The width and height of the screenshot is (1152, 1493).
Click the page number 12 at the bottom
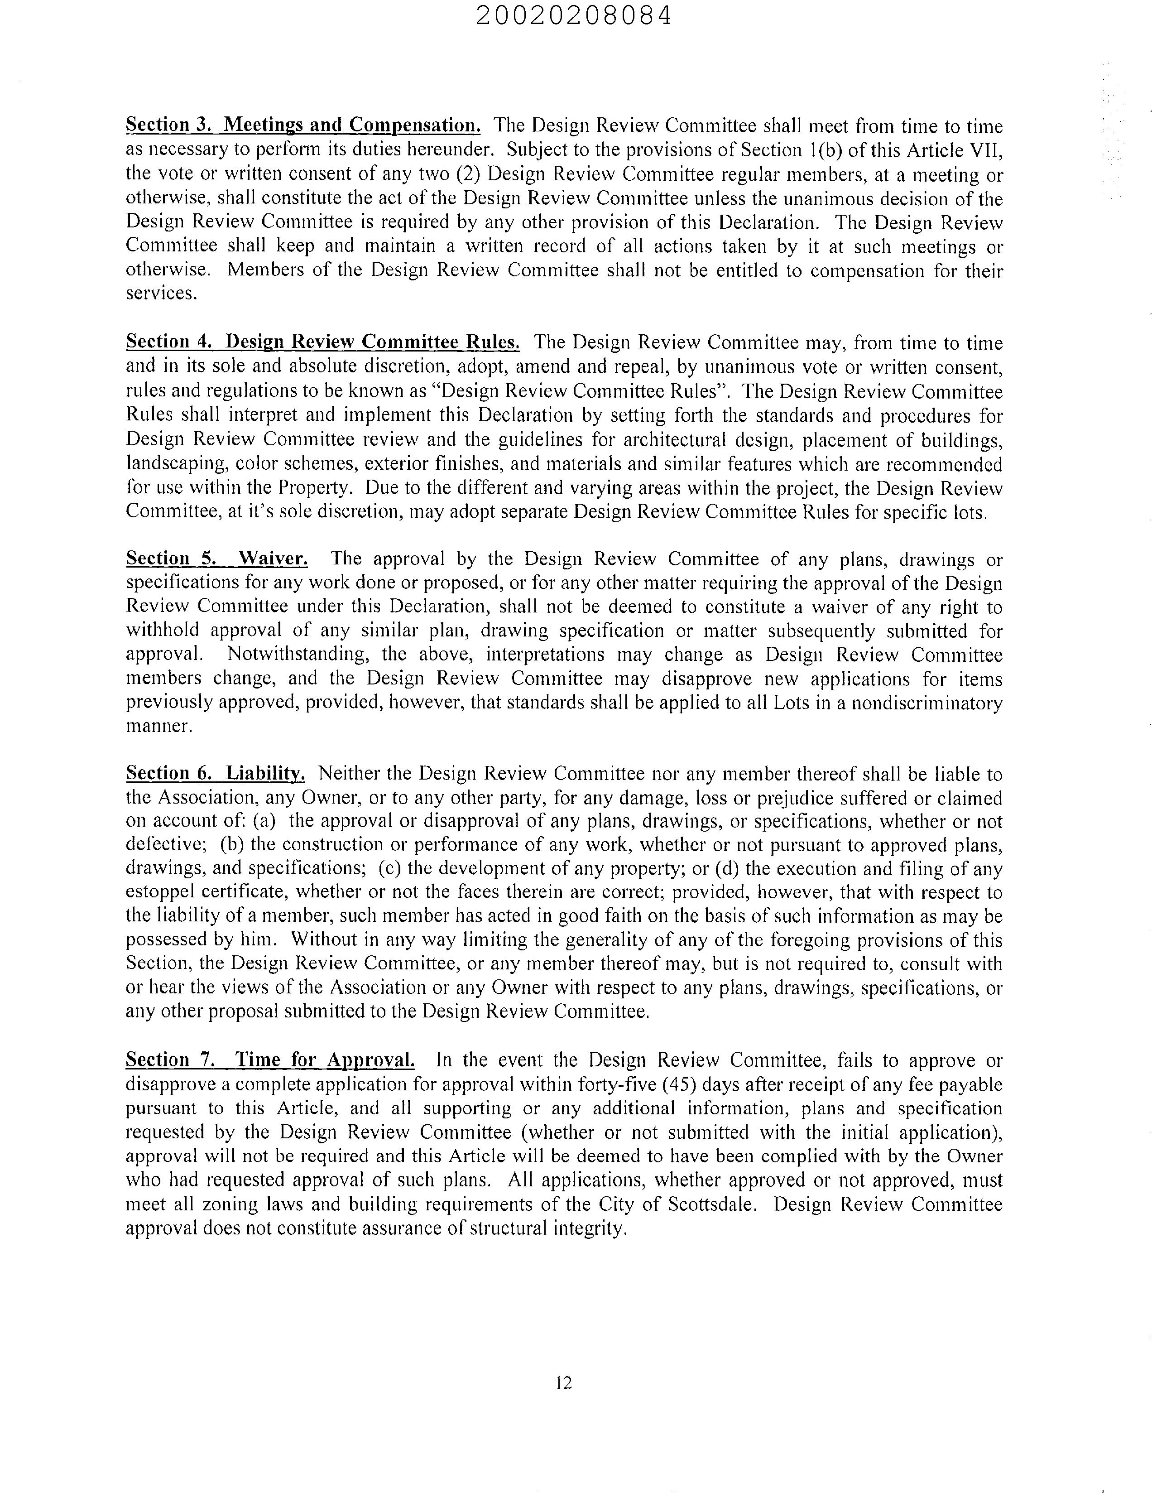564,1383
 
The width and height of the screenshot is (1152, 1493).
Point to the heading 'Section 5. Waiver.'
217,559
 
